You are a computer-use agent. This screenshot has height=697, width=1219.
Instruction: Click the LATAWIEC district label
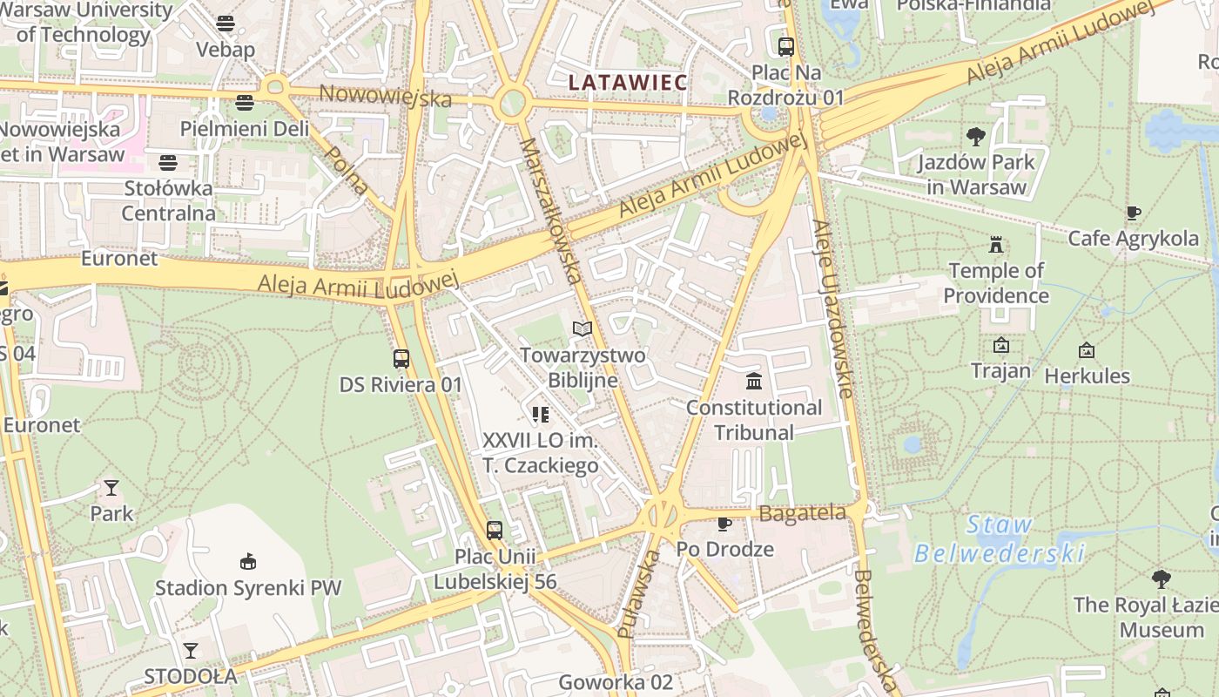click(x=627, y=83)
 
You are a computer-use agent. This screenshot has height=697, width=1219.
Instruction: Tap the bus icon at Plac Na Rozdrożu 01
click(x=786, y=46)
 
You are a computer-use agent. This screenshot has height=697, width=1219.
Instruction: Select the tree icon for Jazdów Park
click(x=976, y=136)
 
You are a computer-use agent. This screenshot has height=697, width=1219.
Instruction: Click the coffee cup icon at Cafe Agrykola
click(x=1133, y=213)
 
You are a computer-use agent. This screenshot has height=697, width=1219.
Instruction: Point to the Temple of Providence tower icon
click(x=996, y=245)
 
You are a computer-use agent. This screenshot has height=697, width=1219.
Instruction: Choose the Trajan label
click(x=1000, y=371)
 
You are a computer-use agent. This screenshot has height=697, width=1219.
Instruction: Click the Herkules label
click(x=1087, y=376)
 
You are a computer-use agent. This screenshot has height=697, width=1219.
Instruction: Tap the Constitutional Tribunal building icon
click(x=754, y=382)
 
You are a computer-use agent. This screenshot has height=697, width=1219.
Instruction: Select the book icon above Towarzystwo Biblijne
click(x=583, y=328)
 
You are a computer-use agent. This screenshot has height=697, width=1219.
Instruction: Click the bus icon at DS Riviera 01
click(x=401, y=358)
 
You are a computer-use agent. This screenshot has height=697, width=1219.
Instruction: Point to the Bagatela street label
click(x=802, y=513)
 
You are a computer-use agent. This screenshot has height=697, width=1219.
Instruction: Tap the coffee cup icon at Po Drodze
click(x=724, y=524)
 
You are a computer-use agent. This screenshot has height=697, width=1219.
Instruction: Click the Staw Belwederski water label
click(x=1000, y=539)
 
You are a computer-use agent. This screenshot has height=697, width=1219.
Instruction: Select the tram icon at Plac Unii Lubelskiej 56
click(x=495, y=530)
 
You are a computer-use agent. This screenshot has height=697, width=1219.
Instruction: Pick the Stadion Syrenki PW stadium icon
click(x=248, y=561)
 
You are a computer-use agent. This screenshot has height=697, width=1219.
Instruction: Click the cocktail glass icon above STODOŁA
click(x=191, y=650)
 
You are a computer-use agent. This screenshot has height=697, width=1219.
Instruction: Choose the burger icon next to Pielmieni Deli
click(x=245, y=103)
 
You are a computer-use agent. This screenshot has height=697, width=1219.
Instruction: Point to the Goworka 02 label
click(x=616, y=682)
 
